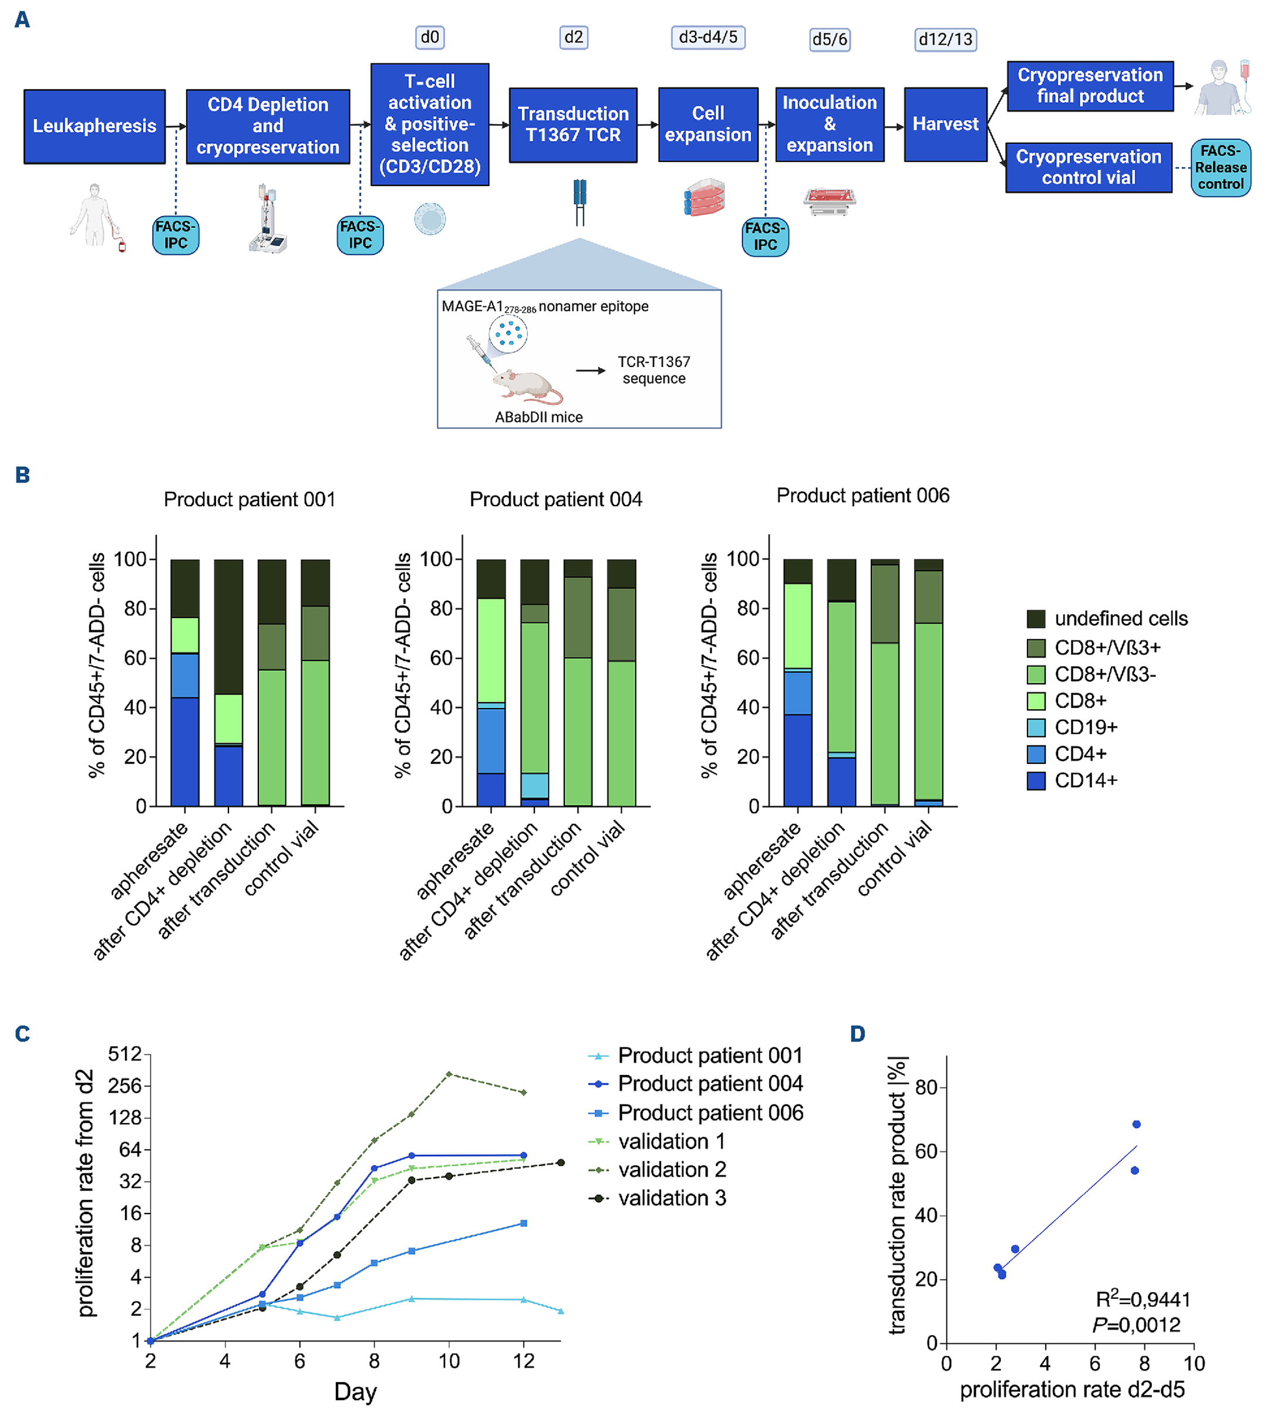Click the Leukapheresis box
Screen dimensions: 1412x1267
[95, 126]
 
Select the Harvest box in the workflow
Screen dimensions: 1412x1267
[945, 124]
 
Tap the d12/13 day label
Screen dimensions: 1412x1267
[945, 39]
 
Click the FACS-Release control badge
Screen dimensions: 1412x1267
[1221, 167]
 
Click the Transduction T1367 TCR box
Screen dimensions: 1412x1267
[572, 124]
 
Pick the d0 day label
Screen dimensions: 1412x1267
[430, 37]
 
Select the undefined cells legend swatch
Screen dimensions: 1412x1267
[1036, 618]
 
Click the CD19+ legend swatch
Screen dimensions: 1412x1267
[1036, 727]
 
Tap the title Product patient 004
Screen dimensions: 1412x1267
[555, 499]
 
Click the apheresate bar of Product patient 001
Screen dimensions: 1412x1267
[184, 682]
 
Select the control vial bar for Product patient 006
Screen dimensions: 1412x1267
[928, 682]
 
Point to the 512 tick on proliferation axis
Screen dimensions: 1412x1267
[125, 1054]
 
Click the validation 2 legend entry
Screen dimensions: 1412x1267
[672, 1169]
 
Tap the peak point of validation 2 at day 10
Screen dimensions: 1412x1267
[449, 1074]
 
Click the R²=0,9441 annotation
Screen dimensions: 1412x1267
[1143, 1299]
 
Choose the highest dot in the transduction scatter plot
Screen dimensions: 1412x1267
[1136, 1124]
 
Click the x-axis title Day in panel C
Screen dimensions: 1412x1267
[355, 1391]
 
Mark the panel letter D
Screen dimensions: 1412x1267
[858, 1034]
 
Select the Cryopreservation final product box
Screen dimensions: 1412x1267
[1090, 86]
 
